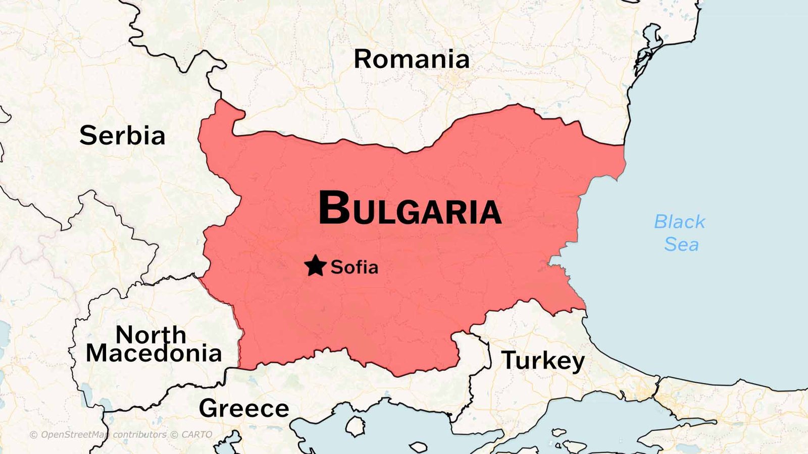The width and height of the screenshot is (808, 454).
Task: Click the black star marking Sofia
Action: pos(316,266)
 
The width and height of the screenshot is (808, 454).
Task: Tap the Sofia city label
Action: pos(354,267)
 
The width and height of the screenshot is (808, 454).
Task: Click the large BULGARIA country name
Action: pos(410,208)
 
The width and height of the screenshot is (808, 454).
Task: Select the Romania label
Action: pos(411,60)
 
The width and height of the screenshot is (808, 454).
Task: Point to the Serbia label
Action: pos(122,136)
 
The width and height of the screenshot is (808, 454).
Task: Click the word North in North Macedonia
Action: pos(150,334)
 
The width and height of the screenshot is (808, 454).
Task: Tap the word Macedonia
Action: pos(154,353)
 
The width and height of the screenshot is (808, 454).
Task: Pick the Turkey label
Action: pos(543,361)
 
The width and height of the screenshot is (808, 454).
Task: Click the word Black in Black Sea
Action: pos(679,222)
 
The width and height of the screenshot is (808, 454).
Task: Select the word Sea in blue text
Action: pos(681,245)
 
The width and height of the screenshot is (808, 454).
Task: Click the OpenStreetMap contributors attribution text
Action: pos(104,435)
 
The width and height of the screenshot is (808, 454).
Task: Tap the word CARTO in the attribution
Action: pos(196,435)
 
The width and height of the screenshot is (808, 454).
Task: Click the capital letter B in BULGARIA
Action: pos(334,207)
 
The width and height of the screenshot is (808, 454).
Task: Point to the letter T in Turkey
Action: pos(509,360)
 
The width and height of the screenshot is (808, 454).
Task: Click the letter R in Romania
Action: pos(363,60)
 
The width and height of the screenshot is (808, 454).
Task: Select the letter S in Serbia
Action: pos(88,136)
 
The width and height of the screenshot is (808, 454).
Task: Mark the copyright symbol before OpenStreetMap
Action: pos(33,435)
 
